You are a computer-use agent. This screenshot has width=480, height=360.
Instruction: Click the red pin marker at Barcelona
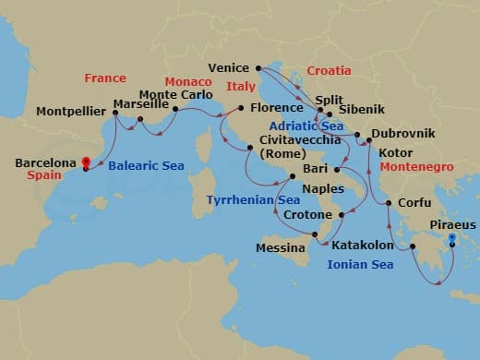click(86, 161)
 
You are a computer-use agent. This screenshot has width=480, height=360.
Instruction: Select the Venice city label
click(229, 67)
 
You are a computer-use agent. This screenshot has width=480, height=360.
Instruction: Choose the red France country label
click(105, 78)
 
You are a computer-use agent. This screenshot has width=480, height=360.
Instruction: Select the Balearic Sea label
click(146, 166)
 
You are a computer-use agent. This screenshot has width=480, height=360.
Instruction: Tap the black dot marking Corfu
click(388, 203)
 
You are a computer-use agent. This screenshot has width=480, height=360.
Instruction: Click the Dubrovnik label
click(407, 135)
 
